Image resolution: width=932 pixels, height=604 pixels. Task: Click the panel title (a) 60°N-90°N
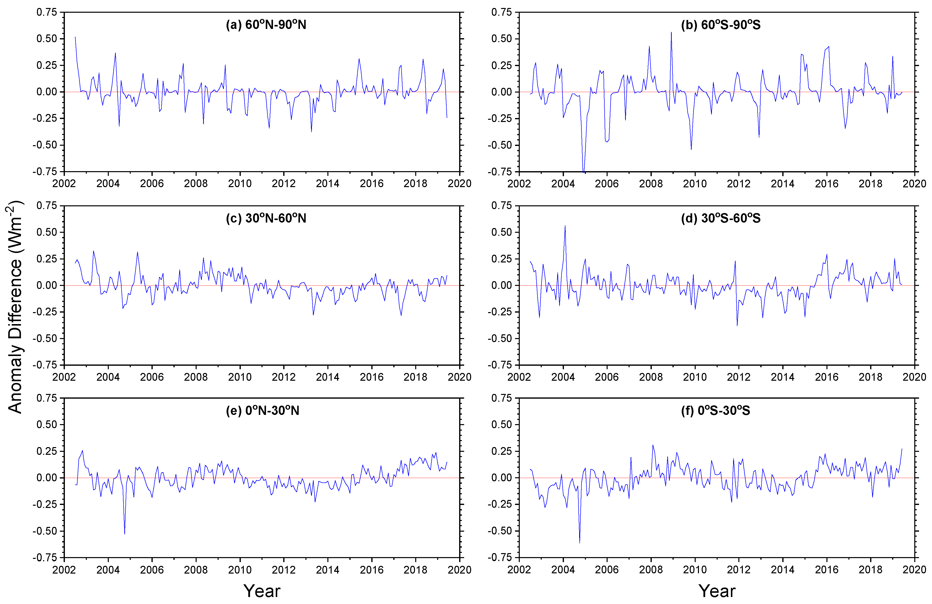(x=266, y=25)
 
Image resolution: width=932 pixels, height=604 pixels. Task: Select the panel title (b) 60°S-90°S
(x=721, y=25)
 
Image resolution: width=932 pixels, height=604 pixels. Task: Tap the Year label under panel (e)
(x=262, y=591)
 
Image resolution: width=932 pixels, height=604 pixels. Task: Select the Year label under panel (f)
(x=717, y=591)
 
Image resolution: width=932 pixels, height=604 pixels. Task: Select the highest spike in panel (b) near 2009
(x=671, y=32)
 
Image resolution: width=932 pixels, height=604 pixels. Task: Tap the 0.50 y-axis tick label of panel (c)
(x=47, y=232)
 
